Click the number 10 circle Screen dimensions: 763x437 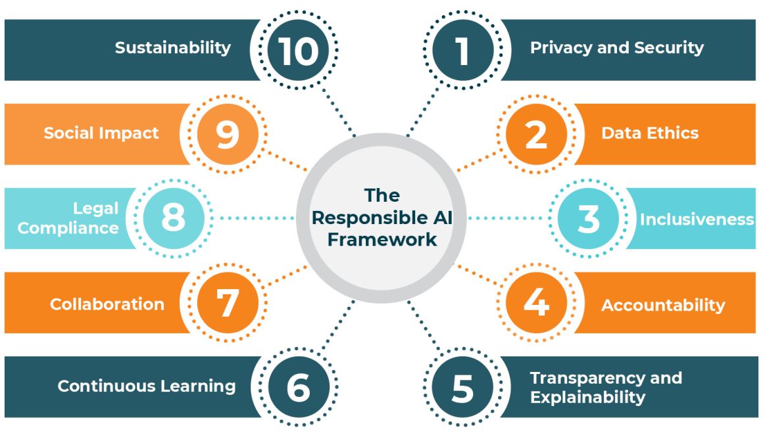pyautogui.click(x=298, y=50)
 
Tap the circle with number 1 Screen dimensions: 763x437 pyautogui.click(x=462, y=50)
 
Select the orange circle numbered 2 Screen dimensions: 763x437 pyautogui.click(x=536, y=134)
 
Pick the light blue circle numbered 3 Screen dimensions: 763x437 pyautogui.click(x=588, y=219)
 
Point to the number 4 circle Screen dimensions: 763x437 pyautogui.click(x=536, y=303)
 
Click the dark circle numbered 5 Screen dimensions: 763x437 pyautogui.click(x=462, y=388)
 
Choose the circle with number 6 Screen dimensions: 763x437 pyautogui.click(x=298, y=388)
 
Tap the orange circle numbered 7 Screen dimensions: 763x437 pyautogui.click(x=227, y=303)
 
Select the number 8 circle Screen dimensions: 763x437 pyautogui.click(x=173, y=219)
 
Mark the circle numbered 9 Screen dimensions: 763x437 pyautogui.click(x=227, y=134)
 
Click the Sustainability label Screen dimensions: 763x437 pyautogui.click(x=173, y=47)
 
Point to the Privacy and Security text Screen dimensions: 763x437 pyautogui.click(x=617, y=47)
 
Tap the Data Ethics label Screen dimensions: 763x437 pyautogui.click(x=650, y=133)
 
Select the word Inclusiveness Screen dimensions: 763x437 pyautogui.click(x=697, y=219)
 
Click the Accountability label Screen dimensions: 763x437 pyautogui.click(x=663, y=305)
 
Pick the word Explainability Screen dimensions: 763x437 pyautogui.click(x=588, y=398)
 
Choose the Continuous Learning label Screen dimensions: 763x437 pyautogui.click(x=147, y=386)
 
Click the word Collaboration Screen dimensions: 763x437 pyautogui.click(x=107, y=304)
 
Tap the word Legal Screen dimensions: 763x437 pyautogui.click(x=96, y=208)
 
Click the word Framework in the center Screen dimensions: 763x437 pyautogui.click(x=382, y=240)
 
